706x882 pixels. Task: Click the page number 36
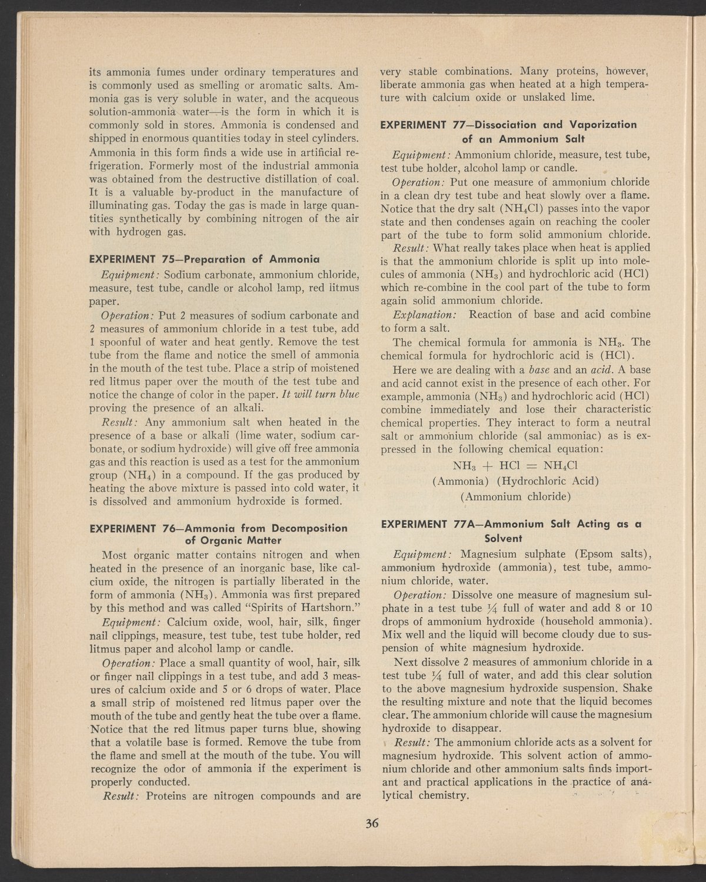371,824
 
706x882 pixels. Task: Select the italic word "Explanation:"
423,314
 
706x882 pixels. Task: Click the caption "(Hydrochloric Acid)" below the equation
548,482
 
